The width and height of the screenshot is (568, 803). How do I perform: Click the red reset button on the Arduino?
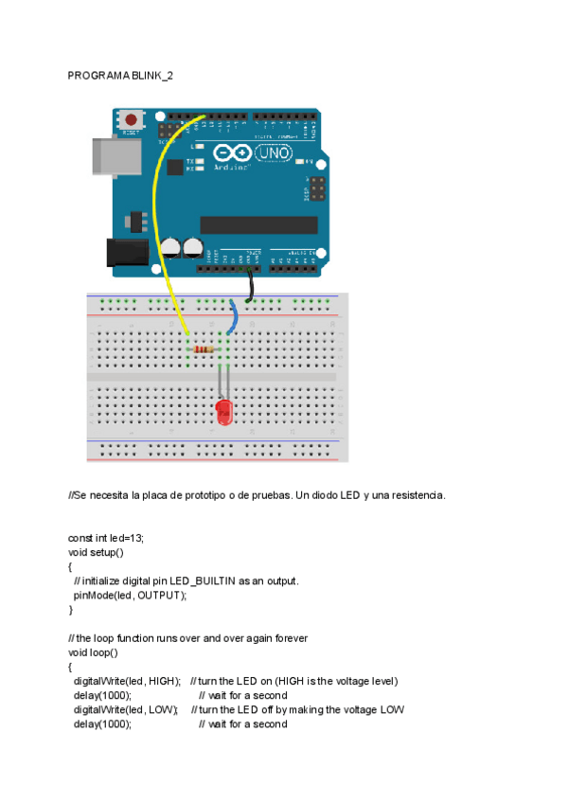[x=129, y=120]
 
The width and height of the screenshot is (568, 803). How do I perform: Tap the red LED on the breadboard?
[x=224, y=412]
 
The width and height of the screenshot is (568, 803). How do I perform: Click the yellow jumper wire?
[x=163, y=218]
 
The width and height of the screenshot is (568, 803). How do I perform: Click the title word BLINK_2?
[x=152, y=75]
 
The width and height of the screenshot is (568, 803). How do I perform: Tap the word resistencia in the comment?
[x=418, y=495]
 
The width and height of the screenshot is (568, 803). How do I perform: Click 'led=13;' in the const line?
[x=128, y=538]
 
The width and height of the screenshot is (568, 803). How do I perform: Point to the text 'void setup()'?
[x=96, y=552]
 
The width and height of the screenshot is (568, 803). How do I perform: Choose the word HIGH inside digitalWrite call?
[x=163, y=681]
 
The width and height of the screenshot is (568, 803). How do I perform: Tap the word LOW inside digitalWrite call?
[x=162, y=709]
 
